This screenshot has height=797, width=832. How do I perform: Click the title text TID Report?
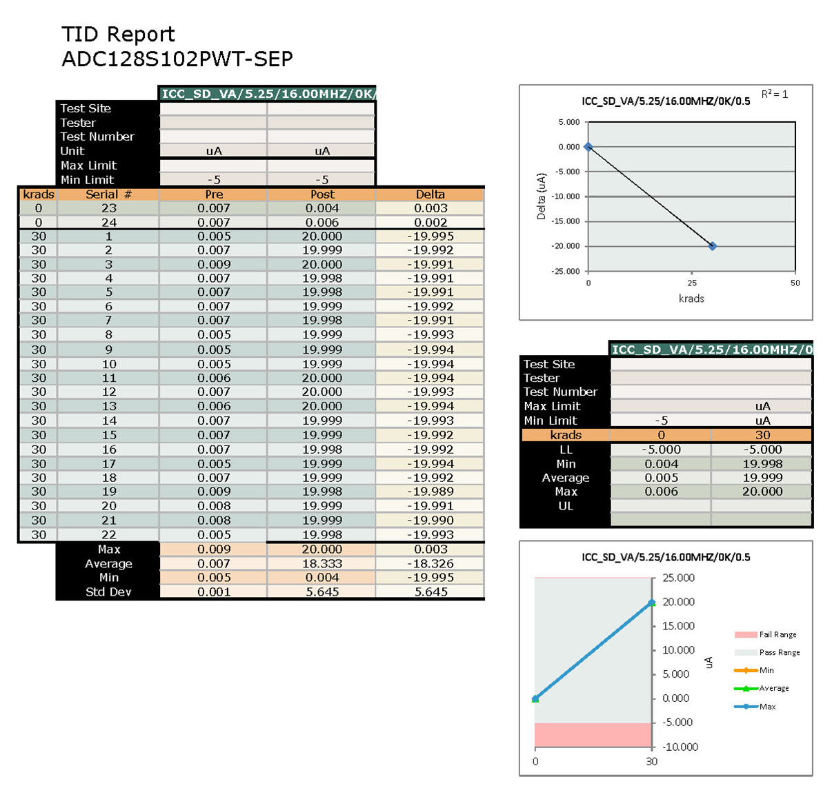coord(118,34)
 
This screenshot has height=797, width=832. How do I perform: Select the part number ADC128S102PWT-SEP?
coord(177,59)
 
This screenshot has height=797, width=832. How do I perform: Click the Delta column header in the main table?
coord(430,194)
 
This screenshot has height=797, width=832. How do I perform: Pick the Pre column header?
coord(214,194)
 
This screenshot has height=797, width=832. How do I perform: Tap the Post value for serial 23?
coord(322,208)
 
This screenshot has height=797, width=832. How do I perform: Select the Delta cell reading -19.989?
coord(430,492)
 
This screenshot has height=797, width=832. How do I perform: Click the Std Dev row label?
coord(108,592)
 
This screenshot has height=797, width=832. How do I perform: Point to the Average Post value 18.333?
coord(322,564)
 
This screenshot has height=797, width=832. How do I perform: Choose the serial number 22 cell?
coord(109,535)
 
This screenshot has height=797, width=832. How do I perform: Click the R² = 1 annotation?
coord(775,94)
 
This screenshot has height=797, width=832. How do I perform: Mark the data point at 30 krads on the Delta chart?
coord(713,246)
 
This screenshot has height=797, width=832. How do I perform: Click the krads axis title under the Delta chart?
coord(691,299)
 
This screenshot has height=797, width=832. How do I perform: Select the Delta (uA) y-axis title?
coord(541,196)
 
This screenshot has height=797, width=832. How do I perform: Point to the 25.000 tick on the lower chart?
coord(679,578)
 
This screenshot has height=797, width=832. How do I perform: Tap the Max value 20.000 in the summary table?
coord(762,492)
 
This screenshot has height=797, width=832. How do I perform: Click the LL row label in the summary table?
coord(566,450)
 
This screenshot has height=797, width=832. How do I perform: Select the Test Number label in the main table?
coord(97,137)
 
